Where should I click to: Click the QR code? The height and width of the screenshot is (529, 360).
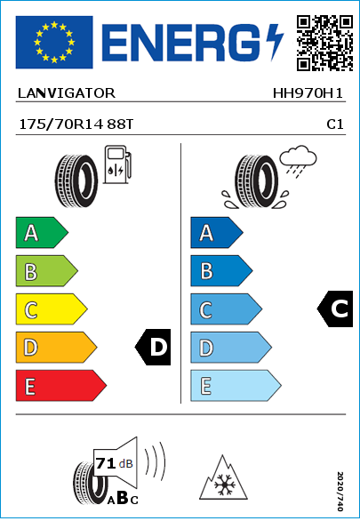click(325, 43)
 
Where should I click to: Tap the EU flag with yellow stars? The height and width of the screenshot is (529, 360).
click(54, 42)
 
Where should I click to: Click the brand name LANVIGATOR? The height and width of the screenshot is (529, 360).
click(67, 93)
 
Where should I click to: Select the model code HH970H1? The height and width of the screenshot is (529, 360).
click(308, 93)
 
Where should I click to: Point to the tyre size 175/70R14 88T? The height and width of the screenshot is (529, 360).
click(76, 124)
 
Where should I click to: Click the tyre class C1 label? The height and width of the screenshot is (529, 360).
click(335, 124)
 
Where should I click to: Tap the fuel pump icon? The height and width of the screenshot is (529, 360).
click(117, 164)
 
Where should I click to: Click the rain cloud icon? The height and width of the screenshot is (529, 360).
click(298, 161)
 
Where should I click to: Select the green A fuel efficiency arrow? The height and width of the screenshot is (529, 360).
click(42, 232)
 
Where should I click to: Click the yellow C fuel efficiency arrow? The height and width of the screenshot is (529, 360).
click(52, 309)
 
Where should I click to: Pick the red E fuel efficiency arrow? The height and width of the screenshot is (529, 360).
click(61, 386)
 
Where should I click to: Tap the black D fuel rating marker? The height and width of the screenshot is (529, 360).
click(153, 347)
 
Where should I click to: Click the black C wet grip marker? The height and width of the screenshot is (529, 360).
click(335, 309)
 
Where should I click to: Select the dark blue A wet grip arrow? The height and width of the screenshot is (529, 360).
click(217, 232)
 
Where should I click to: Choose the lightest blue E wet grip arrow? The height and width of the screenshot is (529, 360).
click(236, 386)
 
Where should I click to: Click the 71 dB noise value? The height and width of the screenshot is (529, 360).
click(114, 463)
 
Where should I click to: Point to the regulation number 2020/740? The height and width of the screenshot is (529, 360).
click(340, 491)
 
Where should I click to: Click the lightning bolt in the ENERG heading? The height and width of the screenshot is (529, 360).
click(275, 42)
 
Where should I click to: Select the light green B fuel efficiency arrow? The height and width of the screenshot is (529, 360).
click(46, 271)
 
